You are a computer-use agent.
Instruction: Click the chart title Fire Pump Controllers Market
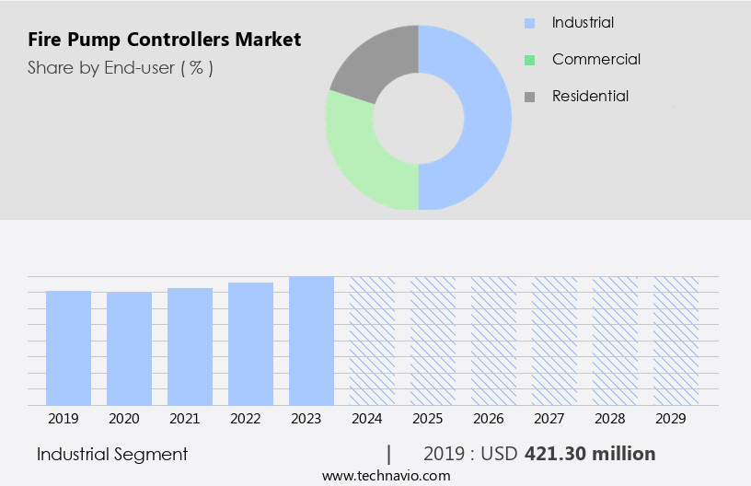coord(164,40)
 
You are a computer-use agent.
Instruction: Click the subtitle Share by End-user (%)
coord(120,68)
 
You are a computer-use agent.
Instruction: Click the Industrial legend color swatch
coord(529,23)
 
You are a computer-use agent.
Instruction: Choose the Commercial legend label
coord(595,60)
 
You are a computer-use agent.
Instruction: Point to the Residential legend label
coord(590,97)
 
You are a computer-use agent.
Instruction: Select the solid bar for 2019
coord(68,348)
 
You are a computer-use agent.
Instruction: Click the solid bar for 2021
coord(190,346)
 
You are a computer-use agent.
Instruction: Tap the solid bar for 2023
coord(311,341)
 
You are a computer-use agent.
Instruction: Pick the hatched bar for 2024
coord(372,341)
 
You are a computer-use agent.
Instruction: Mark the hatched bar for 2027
coord(554,341)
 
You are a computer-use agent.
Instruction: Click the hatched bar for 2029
coord(676,341)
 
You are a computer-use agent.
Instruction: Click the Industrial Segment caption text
coord(112,454)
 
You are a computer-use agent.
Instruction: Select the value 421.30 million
coord(589,454)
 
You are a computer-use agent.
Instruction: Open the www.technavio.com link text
coord(386,475)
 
